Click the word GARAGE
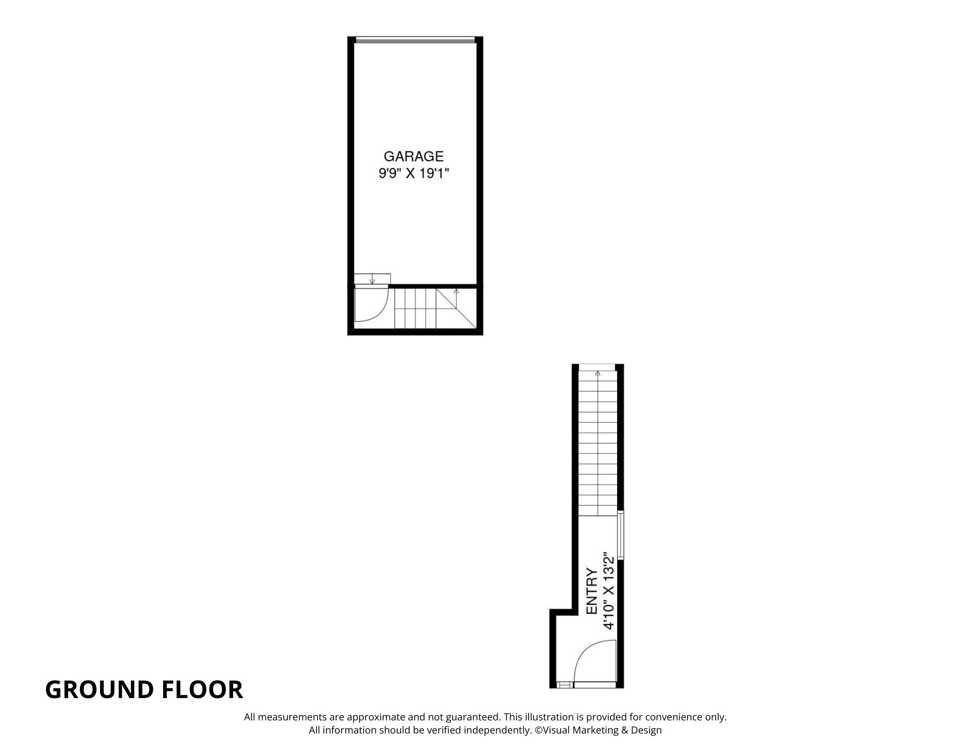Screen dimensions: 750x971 (x=414, y=156)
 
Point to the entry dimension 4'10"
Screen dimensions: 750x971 (x=609, y=614)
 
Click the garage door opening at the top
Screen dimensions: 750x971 (x=415, y=40)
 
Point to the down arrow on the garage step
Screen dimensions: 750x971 (x=372, y=281)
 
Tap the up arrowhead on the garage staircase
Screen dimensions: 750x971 (x=456, y=291)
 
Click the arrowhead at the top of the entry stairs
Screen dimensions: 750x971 (x=598, y=373)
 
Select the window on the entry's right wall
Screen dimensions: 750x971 (x=620, y=535)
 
